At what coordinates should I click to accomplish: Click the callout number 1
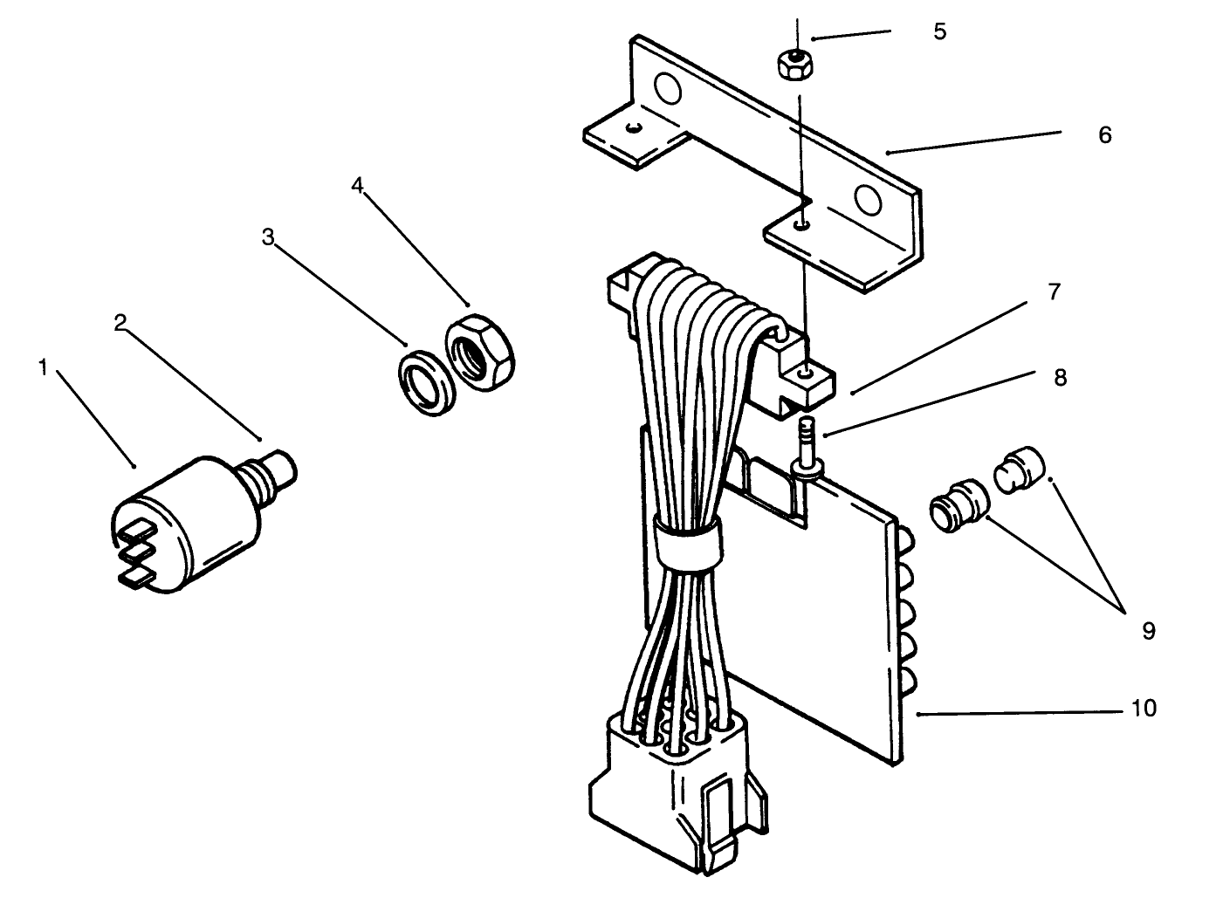[42, 368]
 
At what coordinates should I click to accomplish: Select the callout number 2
[120, 323]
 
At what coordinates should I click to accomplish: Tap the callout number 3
[268, 236]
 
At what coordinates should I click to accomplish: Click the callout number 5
[939, 31]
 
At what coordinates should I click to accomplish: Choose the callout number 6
[1104, 135]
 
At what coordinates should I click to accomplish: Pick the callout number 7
[1054, 292]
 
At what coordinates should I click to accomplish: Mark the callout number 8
[1060, 378]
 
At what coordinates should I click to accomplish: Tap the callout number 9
[1148, 630]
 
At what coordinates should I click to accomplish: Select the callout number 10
[1144, 708]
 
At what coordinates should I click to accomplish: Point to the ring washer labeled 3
[424, 380]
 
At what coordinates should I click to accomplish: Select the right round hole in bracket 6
[869, 200]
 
